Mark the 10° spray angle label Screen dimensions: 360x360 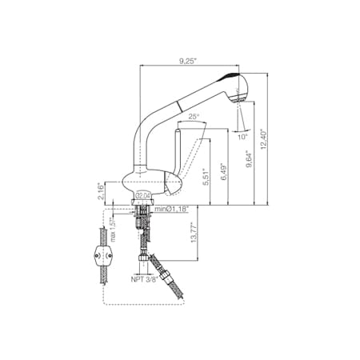242,136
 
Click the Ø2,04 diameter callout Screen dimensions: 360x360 144,195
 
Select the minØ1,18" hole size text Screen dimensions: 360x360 172,210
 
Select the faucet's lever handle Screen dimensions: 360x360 179,152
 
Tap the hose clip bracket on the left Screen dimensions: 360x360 102,257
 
